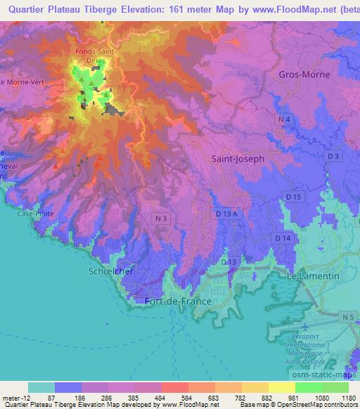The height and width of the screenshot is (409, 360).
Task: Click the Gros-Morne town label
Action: coord(303,74)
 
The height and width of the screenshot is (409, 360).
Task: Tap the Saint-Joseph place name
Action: coord(238,159)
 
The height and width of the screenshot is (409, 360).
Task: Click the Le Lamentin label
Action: coord(314,276)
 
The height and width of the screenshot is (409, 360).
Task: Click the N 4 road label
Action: coord(284,121)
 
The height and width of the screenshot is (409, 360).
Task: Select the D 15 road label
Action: coord(294,198)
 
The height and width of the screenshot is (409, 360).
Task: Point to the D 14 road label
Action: coord(283,239)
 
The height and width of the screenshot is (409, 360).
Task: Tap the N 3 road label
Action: coord(161,219)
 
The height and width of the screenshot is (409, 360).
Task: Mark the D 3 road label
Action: coord(333,156)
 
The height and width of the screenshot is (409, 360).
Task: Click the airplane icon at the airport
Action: coord(304,327)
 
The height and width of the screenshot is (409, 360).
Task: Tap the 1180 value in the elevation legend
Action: coord(347,398)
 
